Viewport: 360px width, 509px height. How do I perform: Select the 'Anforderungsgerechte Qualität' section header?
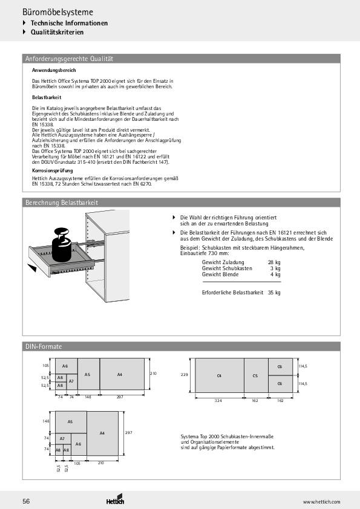(69, 59)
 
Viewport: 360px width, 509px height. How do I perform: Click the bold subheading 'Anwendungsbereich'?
(54, 71)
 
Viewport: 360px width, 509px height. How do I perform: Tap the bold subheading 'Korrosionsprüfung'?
(53, 171)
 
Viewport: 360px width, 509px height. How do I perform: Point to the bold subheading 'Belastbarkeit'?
(47, 97)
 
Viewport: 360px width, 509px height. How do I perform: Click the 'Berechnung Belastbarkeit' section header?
(61, 203)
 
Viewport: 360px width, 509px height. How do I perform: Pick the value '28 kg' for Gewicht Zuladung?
(273, 262)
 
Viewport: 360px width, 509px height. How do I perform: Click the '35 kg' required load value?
(274, 293)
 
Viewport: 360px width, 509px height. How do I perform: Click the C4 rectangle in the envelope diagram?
(219, 376)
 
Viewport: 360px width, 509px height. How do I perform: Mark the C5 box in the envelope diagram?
(255, 376)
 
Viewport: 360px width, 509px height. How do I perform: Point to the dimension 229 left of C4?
(185, 375)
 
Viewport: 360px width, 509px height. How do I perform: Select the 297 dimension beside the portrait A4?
(128, 433)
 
